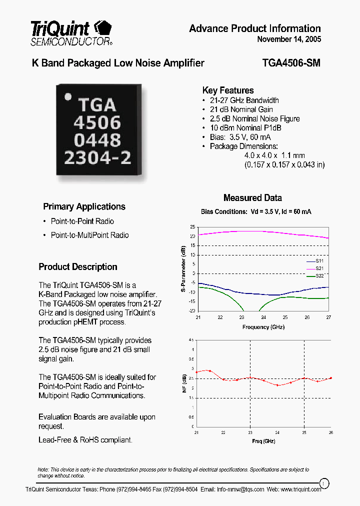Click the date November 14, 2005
289,39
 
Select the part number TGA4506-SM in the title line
291,63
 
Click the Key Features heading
227,90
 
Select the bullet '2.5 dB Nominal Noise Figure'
254,118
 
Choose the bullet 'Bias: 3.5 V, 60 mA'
244,137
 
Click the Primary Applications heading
84,206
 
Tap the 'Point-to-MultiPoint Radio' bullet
89,235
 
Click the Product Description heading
78,266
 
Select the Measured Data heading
252,198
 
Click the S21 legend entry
319,268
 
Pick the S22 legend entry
319,275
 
